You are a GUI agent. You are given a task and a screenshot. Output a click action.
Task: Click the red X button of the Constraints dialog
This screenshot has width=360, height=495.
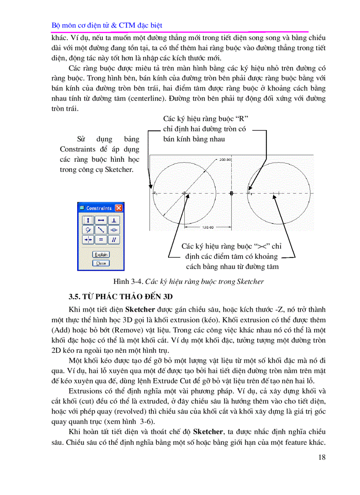coord(118,208)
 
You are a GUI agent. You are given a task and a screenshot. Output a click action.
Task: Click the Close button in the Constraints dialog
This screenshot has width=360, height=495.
coord(101,263)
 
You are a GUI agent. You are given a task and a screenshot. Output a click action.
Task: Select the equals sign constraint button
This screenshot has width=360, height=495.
coord(101,239)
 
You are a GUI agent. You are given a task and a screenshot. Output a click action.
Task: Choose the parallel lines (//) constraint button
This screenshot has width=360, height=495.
coord(114,239)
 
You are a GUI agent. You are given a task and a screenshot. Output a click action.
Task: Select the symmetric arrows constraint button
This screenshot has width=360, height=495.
coord(88,239)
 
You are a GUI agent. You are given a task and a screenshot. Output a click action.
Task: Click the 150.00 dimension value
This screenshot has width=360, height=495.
coord(208,227)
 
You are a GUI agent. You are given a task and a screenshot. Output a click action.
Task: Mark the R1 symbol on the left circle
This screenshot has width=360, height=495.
coord(155,193)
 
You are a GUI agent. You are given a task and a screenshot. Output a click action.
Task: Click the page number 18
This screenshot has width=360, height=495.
coord(322,457)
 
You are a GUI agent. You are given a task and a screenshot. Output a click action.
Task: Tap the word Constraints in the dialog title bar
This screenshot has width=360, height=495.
coord(99,208)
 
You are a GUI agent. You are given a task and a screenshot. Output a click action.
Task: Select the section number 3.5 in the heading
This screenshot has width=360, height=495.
coord(74,296)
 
